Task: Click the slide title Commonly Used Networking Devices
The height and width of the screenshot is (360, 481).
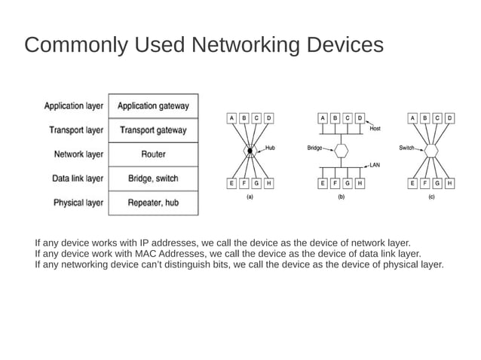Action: [x=204, y=46]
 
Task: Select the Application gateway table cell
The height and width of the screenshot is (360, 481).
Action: [x=153, y=106]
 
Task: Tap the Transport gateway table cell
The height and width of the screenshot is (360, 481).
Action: [x=153, y=130]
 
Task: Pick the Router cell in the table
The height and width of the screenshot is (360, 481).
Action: [x=153, y=154]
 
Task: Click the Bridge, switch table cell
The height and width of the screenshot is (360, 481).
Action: [x=153, y=178]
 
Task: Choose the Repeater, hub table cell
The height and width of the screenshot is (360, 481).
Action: [x=153, y=203]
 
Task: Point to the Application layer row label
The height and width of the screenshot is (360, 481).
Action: [x=74, y=106]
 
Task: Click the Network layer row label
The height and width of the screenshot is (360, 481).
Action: [x=78, y=154]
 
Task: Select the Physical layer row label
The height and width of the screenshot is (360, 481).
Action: [x=78, y=203]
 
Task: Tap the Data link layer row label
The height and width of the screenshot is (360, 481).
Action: [x=78, y=178]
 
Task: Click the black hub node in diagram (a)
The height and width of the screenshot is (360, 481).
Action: [x=250, y=151]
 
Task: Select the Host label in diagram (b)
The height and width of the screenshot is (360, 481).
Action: [x=375, y=129]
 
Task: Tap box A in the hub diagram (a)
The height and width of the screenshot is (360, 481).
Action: [x=232, y=118]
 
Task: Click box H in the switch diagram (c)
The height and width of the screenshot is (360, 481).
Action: [x=449, y=183]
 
